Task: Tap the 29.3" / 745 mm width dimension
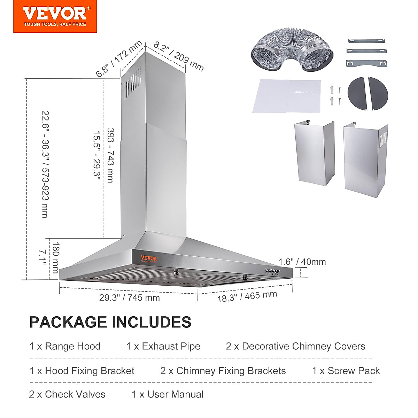(129, 298)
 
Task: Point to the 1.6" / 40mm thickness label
(302, 262)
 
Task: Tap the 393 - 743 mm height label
(110, 155)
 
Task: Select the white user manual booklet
(286, 96)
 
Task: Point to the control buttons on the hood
(272, 271)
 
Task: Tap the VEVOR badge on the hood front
(149, 259)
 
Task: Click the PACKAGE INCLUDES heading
(110, 322)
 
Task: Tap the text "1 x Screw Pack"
(346, 371)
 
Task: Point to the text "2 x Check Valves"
(67, 394)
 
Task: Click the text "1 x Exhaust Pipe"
(163, 347)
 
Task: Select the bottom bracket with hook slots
(366, 64)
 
